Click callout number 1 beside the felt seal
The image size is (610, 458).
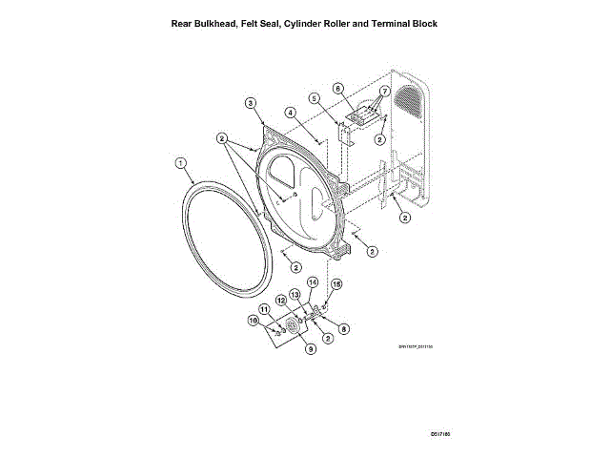pyautogui.click(x=180, y=163)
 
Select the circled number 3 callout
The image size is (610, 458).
pyautogui.click(x=250, y=103)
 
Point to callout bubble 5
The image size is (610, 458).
pyautogui.click(x=314, y=99)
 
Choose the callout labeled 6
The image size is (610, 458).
pyautogui.click(x=337, y=89)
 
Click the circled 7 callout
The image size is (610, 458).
pyautogui.click(x=384, y=92)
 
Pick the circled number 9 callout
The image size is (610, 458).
pyautogui.click(x=309, y=349)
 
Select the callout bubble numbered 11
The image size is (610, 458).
pyautogui.click(x=264, y=308)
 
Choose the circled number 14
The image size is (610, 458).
pyautogui.click(x=312, y=282)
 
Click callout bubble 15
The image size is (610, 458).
pyautogui.click(x=335, y=284)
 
